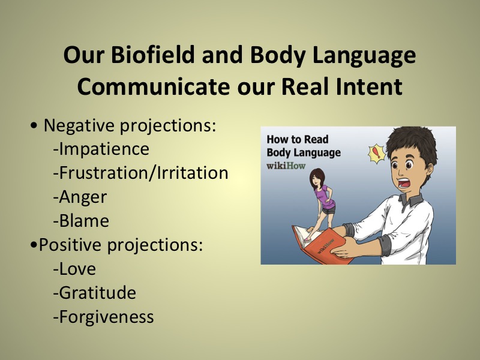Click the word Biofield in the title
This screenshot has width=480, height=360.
152,55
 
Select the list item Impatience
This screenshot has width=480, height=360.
101,149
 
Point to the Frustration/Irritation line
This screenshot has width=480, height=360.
140,173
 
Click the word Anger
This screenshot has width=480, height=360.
80,197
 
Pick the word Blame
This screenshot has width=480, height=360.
81,221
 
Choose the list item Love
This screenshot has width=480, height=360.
74,269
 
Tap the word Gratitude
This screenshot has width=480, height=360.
94,293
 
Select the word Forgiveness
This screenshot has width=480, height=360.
103,317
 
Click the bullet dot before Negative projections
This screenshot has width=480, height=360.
34,125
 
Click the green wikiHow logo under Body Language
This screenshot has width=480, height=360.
286,166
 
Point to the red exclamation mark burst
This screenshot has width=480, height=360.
377,154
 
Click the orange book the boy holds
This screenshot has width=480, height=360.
322,244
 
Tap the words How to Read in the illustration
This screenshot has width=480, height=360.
297,139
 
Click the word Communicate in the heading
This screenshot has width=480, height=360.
154,86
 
